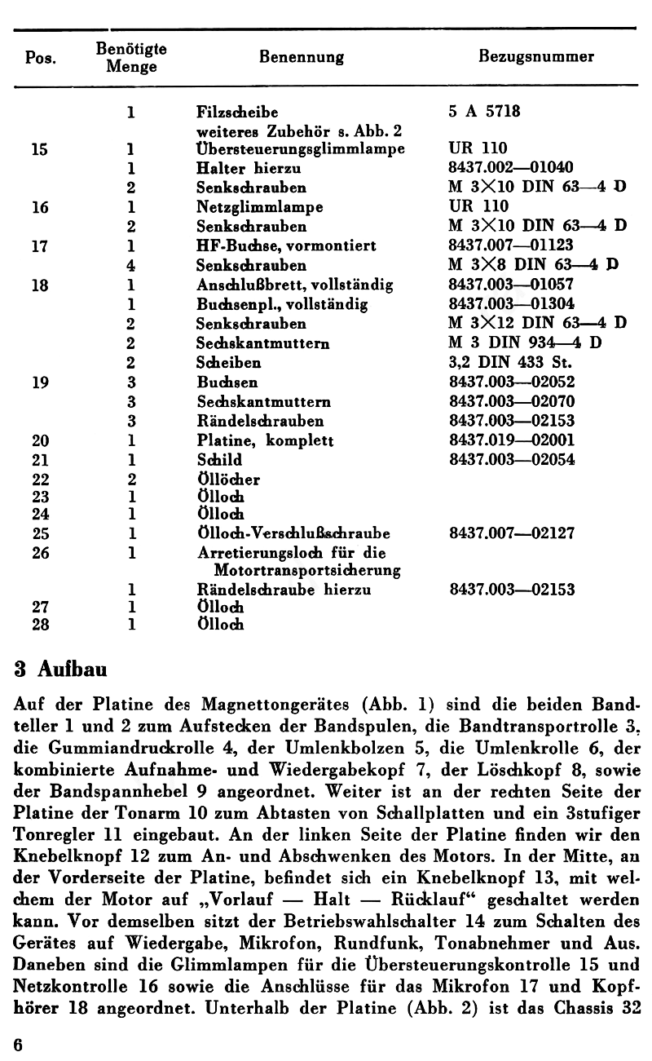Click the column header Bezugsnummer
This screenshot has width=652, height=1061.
(x=535, y=57)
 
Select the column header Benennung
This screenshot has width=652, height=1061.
(x=301, y=57)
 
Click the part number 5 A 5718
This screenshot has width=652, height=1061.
(x=485, y=111)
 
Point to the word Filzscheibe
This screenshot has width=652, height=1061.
(x=231, y=111)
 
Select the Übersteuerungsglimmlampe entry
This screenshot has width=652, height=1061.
(x=301, y=148)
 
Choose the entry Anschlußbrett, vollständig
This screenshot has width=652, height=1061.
(x=295, y=285)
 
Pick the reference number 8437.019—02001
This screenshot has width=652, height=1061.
(x=511, y=441)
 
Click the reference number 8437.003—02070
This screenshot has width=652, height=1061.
(x=511, y=402)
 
